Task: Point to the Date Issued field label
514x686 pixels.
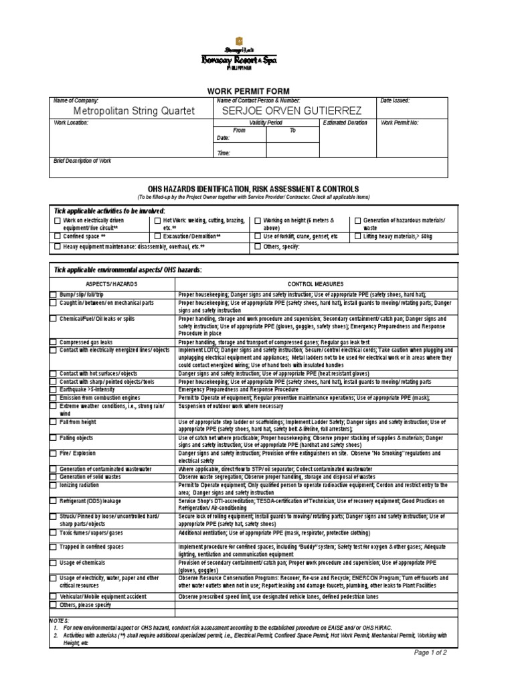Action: pos(395,100)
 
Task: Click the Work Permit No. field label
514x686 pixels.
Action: pos(400,123)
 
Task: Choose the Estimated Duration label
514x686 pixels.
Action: pos(345,123)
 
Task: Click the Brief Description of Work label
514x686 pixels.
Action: pos(82,161)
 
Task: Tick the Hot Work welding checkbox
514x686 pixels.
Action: pos(158,220)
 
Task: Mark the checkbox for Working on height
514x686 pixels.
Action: pos(258,220)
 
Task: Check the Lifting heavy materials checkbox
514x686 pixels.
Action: pos(357,236)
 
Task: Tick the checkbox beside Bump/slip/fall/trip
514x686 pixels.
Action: pos(54,295)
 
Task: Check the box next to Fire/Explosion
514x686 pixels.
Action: pos(54,454)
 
